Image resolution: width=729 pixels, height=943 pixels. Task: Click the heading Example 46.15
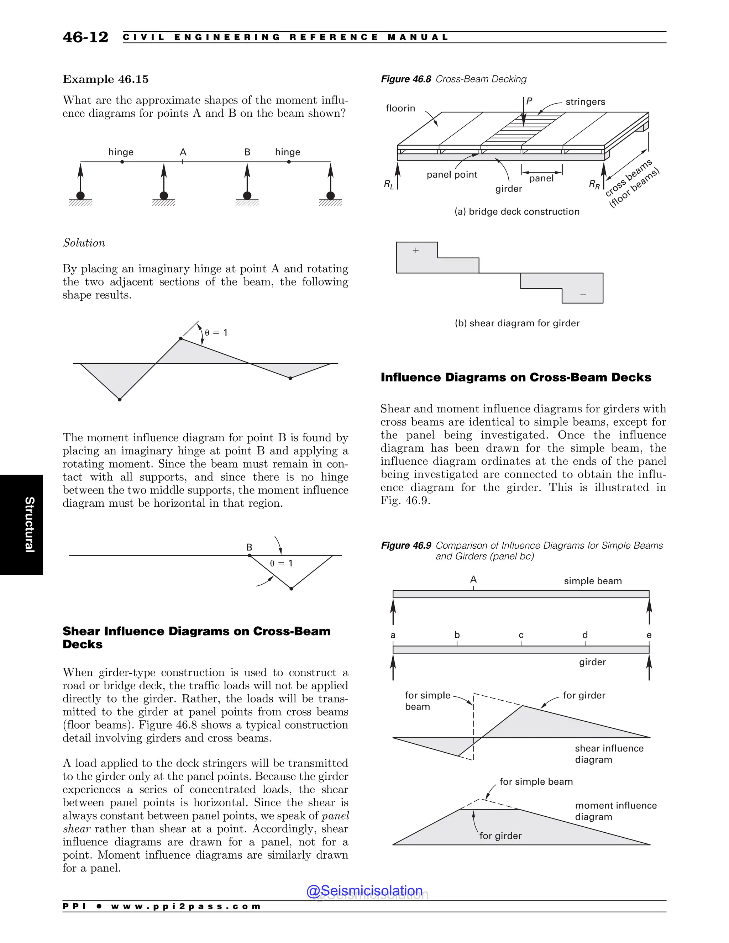coord(105,79)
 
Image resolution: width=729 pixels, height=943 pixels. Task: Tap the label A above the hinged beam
coord(183,152)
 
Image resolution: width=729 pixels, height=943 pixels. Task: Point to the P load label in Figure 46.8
coord(529,101)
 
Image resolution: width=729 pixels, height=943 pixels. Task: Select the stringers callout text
coord(585,102)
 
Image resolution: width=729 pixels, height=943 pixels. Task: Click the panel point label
coord(452,174)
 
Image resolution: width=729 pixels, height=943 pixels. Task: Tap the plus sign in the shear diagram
coord(416,251)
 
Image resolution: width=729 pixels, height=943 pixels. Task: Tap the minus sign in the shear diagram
coord(583,295)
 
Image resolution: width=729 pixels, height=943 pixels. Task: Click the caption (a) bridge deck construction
coord(516,212)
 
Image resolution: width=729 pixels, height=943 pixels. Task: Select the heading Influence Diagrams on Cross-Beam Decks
coord(516,377)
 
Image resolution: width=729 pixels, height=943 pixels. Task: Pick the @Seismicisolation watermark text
coord(364,890)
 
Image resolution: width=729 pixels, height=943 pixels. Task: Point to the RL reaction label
coord(389,185)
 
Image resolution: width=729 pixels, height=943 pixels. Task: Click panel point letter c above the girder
coord(521,635)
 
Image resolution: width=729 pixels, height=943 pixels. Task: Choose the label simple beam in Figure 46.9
coord(593,581)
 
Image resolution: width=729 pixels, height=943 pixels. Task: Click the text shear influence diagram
coord(609,754)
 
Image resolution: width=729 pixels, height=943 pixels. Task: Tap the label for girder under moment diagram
coord(500,836)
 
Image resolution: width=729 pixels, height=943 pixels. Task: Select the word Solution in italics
coord(84,243)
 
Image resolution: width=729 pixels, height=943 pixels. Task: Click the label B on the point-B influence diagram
coord(249,547)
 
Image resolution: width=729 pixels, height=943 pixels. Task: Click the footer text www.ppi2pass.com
coord(186,906)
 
